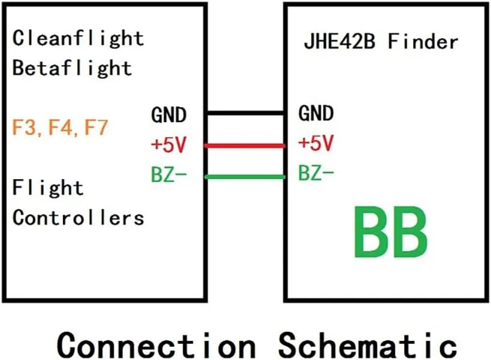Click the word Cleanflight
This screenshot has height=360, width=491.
pyautogui.click(x=78, y=39)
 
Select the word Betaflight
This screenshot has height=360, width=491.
pyautogui.click(x=72, y=68)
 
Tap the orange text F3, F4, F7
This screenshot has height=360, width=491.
pyautogui.click(x=60, y=128)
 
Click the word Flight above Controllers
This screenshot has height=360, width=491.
pyautogui.click(x=48, y=189)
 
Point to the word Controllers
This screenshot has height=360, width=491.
pyautogui.click(x=78, y=217)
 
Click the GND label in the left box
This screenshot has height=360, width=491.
pyautogui.click(x=168, y=114)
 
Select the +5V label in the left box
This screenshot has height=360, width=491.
pyautogui.click(x=169, y=144)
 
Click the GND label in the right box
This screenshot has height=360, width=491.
pyautogui.click(x=316, y=114)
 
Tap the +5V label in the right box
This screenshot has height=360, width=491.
pyautogui.click(x=316, y=144)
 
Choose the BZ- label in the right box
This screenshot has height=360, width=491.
pyautogui.click(x=316, y=176)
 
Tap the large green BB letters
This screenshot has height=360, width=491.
pyautogui.click(x=390, y=232)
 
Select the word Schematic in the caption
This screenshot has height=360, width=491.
pyautogui.click(x=366, y=344)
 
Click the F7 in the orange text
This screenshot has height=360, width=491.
pyautogui.click(x=95, y=128)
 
